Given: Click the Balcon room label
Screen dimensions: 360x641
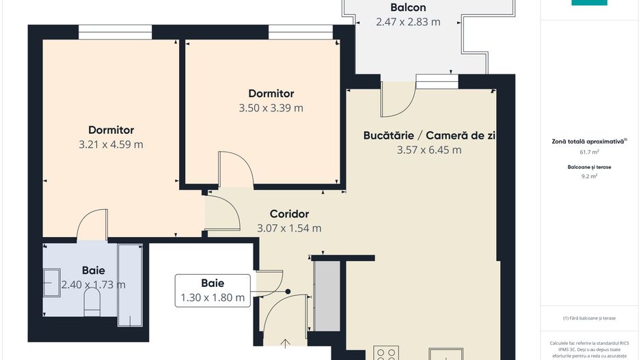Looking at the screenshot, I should (408, 8).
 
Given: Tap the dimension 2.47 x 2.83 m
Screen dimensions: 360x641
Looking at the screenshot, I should (408, 22).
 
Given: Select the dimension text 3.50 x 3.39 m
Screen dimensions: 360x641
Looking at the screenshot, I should (271, 108).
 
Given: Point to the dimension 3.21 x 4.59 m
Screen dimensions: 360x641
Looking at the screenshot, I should (111, 144).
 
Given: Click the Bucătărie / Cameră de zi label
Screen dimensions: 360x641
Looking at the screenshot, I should (429, 135).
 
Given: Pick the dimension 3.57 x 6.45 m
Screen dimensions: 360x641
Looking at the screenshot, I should (429, 150).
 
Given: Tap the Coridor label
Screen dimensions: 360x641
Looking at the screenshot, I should (289, 214).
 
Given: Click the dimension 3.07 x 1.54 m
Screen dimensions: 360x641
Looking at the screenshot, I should (289, 229).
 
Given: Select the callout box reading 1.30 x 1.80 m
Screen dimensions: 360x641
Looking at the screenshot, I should (213, 290).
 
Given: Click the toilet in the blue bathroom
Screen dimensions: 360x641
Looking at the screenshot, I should (92, 301).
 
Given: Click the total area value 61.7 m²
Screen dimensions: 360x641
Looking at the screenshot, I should (589, 152).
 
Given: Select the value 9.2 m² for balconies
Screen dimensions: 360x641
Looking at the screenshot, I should (589, 176).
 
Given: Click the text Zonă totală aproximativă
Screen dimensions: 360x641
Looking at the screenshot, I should (588, 141).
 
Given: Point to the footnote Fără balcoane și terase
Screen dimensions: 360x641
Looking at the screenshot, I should (589, 318).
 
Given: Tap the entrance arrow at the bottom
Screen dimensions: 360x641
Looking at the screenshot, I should (286, 344).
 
